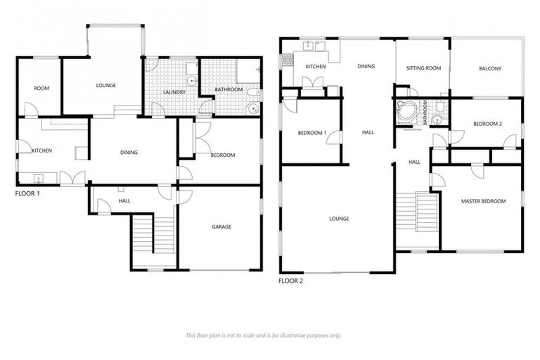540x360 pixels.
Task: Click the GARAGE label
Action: coord(221,227)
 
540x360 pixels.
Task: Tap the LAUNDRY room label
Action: coord(173,91)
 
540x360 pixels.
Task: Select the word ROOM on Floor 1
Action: coord(41,89)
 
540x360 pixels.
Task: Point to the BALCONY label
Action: coord(490,68)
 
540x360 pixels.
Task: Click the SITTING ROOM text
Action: coord(423,68)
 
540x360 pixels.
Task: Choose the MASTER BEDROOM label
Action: coord(483,202)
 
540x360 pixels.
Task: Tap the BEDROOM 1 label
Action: coord(311,133)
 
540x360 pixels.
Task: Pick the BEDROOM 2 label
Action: coord(487,124)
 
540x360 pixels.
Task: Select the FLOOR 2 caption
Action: coord(291,281)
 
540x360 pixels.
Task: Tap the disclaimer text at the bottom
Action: coord(263,335)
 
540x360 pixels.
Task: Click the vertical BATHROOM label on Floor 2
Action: coord(425,113)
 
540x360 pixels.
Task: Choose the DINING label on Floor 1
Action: coord(129,153)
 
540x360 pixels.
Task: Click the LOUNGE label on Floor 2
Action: coord(339,219)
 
